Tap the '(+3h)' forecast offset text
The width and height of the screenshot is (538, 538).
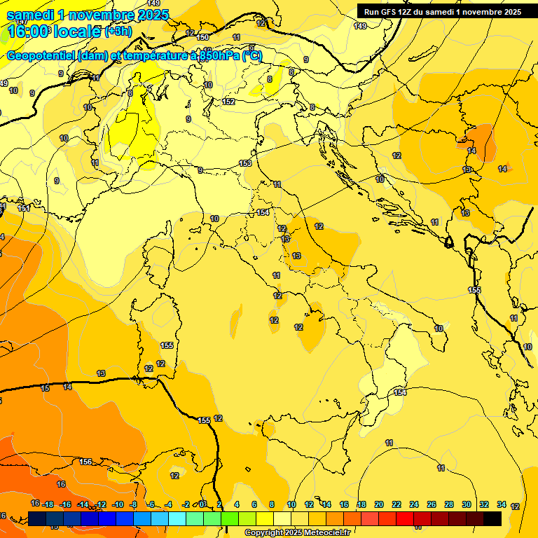[x=118, y=32]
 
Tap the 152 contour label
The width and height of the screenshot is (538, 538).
[x=228, y=102]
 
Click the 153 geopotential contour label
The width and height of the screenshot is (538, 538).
[x=245, y=163]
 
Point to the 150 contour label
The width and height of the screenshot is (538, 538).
[x=203, y=37]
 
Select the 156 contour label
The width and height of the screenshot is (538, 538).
[x=85, y=462]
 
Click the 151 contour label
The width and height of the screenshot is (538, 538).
[x=23, y=208]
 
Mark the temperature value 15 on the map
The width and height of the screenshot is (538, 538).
[x=46, y=388]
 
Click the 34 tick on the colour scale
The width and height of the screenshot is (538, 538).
[x=502, y=504]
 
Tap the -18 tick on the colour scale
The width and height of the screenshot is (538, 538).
[x=48, y=504]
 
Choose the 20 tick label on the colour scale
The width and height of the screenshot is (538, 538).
[x=379, y=504]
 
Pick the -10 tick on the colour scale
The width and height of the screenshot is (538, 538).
[x=118, y=504]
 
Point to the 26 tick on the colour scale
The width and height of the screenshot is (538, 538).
[x=432, y=504]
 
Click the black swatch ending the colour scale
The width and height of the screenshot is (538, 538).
[x=492, y=518]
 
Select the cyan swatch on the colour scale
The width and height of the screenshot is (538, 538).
[x=177, y=518]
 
